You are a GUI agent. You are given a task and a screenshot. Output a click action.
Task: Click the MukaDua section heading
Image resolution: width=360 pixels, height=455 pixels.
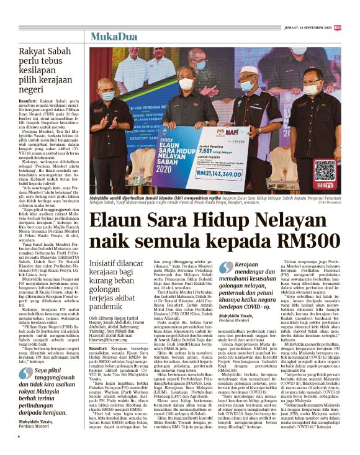(113, 37)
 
